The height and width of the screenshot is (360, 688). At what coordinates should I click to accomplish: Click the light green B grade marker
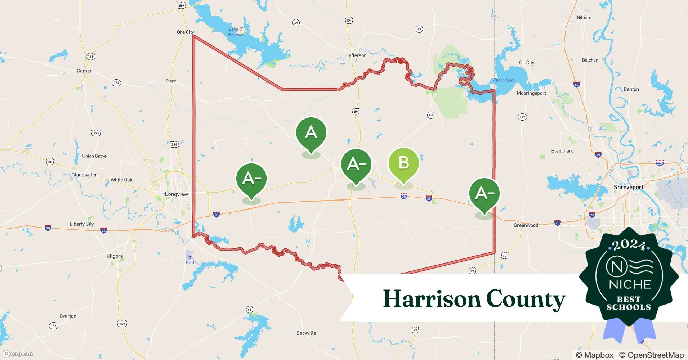(403, 164)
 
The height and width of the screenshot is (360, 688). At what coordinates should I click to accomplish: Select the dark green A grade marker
(311, 133)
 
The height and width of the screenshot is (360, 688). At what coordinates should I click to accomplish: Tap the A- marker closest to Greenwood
(484, 194)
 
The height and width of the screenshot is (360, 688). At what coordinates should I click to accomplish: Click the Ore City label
(185, 32)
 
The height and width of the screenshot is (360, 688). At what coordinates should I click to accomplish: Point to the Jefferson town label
(356, 55)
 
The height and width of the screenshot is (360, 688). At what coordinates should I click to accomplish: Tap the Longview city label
(177, 194)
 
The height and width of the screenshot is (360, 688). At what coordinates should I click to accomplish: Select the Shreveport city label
(629, 187)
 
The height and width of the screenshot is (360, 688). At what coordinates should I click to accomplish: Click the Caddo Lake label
(504, 80)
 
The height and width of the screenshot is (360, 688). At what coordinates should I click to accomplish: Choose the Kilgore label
(115, 256)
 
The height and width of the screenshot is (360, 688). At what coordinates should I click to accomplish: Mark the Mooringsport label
(531, 93)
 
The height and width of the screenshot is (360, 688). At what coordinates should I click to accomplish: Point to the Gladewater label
(84, 175)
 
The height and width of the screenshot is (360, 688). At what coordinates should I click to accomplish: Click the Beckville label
(306, 333)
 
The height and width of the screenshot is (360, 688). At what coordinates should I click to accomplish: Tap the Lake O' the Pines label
(236, 32)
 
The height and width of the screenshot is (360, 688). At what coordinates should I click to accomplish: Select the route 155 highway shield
(90, 57)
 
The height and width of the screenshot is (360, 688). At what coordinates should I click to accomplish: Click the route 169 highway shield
(522, 117)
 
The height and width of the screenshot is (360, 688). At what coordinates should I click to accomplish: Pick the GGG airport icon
(190, 257)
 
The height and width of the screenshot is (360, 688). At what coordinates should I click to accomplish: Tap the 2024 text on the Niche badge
(629, 245)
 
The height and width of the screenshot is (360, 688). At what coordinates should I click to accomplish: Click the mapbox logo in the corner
(18, 354)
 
